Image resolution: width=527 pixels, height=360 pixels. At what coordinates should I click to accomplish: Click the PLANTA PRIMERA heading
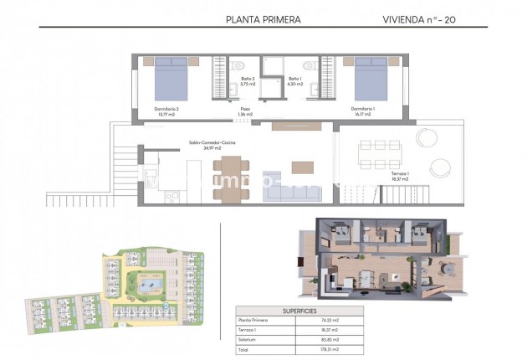tap(263, 18)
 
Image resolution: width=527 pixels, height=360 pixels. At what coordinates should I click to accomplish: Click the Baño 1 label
tap(294, 81)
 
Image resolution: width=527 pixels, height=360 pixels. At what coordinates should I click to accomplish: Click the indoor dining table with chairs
tap(228, 177)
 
